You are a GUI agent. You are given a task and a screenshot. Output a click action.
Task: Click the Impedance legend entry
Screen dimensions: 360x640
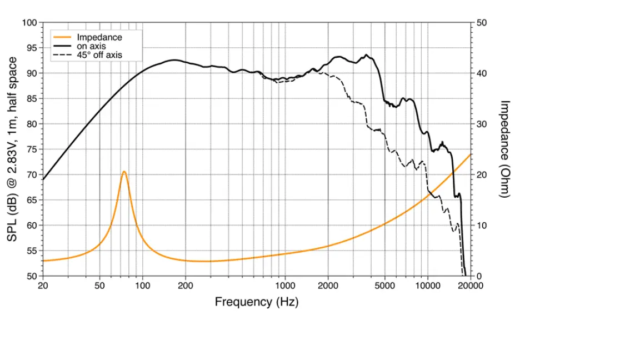[99, 37]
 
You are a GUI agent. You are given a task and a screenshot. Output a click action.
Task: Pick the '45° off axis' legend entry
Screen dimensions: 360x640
[99, 55]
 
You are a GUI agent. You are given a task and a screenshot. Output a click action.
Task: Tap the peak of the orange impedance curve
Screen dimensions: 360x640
[124, 172]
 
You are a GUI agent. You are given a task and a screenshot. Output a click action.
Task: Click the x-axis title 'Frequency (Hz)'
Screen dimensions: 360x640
[256, 302]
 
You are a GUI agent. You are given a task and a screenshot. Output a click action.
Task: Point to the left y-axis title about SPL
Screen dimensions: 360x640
[12, 149]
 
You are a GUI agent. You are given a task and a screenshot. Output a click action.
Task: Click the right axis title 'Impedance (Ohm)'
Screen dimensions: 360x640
[504, 149]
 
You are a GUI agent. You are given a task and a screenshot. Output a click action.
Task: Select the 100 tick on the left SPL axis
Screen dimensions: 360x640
[30, 23]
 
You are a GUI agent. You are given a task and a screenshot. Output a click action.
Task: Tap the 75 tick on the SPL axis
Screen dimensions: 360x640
[32, 149]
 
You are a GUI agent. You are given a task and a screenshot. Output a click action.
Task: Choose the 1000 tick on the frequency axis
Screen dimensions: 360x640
[285, 286]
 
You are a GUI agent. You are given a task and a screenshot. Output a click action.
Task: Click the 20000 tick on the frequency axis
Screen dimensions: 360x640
[470, 286]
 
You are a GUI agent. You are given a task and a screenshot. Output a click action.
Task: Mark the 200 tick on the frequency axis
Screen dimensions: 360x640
[185, 286]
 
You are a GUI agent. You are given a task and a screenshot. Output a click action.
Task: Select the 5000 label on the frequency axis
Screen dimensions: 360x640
[384, 286]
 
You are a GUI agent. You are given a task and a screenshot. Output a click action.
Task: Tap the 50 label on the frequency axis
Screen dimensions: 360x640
[99, 286]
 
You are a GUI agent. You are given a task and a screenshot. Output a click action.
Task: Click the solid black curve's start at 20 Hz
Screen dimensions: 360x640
[43, 179]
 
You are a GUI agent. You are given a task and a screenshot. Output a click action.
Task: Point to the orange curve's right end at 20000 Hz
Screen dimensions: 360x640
[471, 154]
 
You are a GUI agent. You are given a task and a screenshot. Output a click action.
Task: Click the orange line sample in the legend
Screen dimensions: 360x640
[63, 37]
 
